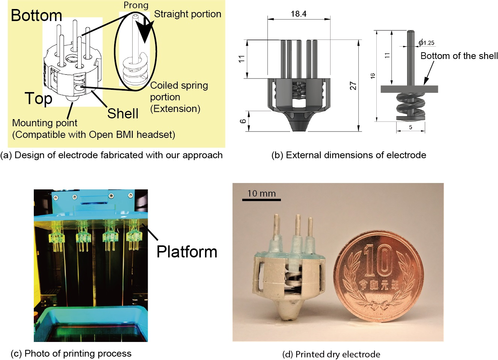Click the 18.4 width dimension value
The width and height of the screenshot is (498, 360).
(299, 14)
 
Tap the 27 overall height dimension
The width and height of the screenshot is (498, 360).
(353, 86)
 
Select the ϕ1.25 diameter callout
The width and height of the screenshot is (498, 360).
(426, 42)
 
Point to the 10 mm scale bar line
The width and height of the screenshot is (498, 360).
(261, 200)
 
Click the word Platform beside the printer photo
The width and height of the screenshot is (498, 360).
(187, 252)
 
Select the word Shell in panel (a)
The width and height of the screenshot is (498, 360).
(123, 113)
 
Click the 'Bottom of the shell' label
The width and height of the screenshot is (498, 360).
(459, 56)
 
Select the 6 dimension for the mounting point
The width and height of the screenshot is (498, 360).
(243, 121)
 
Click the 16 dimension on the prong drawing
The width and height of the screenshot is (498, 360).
(373, 76)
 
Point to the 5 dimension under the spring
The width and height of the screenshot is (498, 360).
(410, 127)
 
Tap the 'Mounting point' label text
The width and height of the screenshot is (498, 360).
(45, 123)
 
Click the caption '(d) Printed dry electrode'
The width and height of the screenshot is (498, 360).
(331, 354)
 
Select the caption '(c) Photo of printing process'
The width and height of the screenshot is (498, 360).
(71, 353)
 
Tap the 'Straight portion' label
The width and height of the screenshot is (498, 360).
(188, 14)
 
